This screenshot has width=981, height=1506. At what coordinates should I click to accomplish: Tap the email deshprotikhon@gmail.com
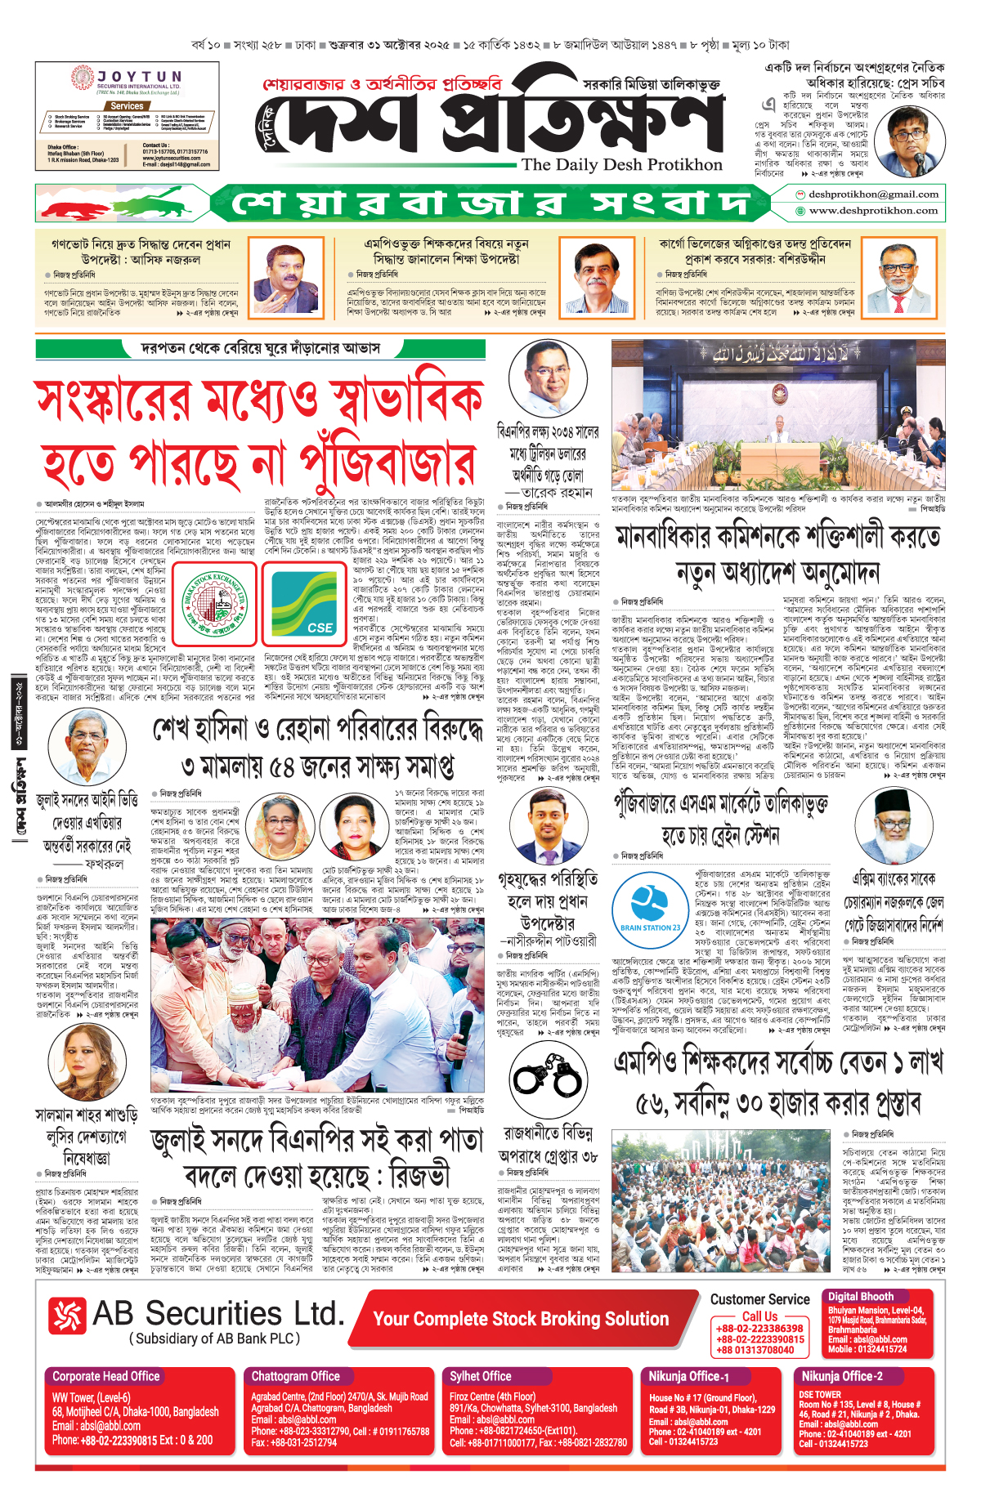point(873,194)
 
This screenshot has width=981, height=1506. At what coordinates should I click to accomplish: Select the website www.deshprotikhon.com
point(873,211)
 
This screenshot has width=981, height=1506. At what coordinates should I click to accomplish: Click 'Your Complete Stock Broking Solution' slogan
point(521,1319)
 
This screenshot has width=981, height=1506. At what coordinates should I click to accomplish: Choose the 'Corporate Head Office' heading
point(106,1376)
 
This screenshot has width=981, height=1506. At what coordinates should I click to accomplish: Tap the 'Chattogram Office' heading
point(295,1376)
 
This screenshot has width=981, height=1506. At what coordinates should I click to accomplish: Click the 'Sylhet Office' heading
point(480,1376)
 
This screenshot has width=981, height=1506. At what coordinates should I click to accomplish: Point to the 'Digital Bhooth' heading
point(861,1297)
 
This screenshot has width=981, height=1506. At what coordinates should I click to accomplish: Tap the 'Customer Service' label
point(759,1299)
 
